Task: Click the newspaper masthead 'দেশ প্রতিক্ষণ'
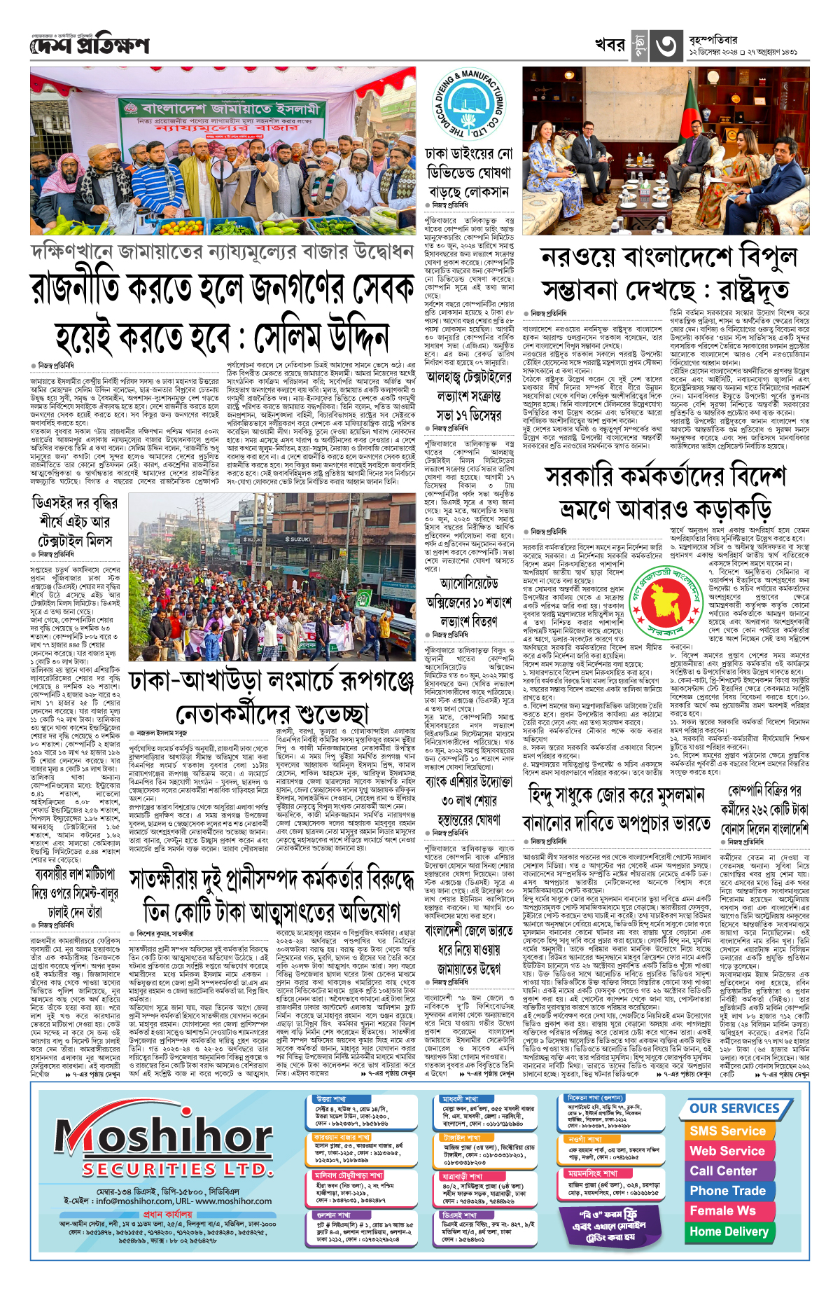(x=90, y=46)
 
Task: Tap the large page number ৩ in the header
(x=665, y=46)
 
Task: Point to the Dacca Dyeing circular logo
(x=468, y=105)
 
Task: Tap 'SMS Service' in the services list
(x=727, y=1131)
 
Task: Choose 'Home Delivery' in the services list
(x=729, y=1231)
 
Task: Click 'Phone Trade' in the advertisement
(x=727, y=1191)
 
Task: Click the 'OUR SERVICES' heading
(x=734, y=1109)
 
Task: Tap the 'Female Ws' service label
(x=722, y=1211)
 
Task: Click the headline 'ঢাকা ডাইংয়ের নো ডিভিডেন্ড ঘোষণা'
(x=468, y=172)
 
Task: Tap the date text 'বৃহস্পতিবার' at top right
(x=713, y=40)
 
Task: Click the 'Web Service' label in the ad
(x=727, y=1151)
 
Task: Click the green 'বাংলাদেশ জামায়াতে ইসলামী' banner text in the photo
(x=231, y=109)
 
